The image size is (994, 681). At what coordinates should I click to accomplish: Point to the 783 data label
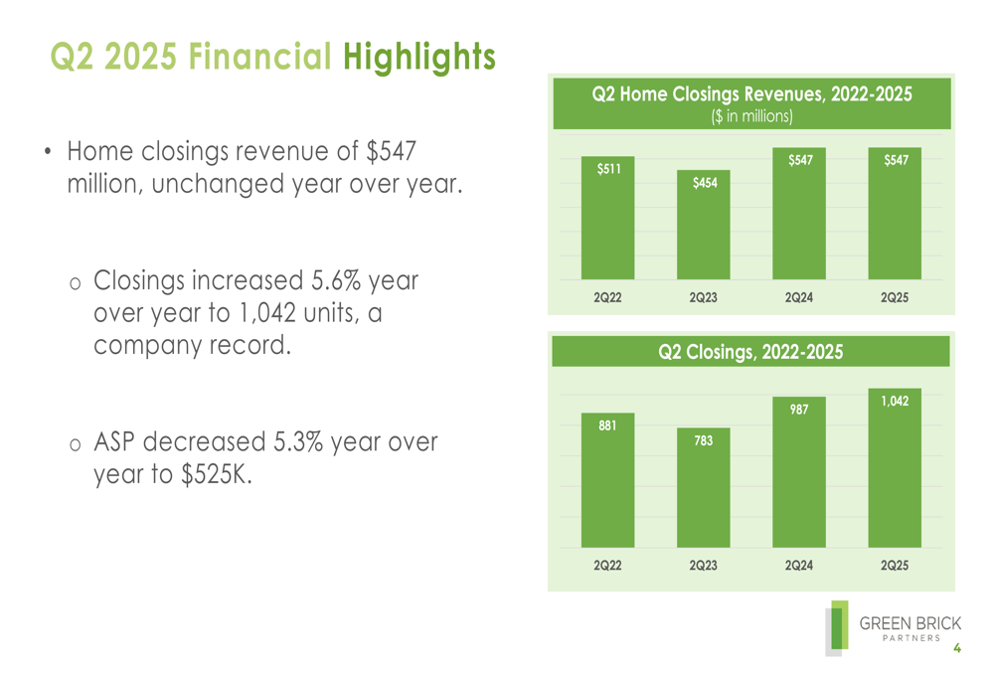[x=704, y=440]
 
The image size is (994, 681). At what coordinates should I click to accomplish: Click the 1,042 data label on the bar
[x=895, y=401]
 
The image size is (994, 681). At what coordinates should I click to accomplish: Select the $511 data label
[x=608, y=170]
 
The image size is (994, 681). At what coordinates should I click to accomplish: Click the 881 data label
[x=607, y=426]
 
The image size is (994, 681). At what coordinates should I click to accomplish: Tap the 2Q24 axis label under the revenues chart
[x=798, y=297]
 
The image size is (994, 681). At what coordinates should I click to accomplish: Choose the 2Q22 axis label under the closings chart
[x=607, y=565]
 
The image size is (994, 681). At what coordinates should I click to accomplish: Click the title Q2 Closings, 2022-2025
[x=750, y=352]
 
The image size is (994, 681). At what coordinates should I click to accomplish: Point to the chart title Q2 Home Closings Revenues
[x=751, y=94]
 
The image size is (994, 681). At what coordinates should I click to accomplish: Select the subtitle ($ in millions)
[x=751, y=116]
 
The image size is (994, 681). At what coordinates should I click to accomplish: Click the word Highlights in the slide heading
[x=418, y=57]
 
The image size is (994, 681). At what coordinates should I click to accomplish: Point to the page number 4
[x=957, y=648]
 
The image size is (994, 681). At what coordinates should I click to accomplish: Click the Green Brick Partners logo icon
[x=838, y=628]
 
